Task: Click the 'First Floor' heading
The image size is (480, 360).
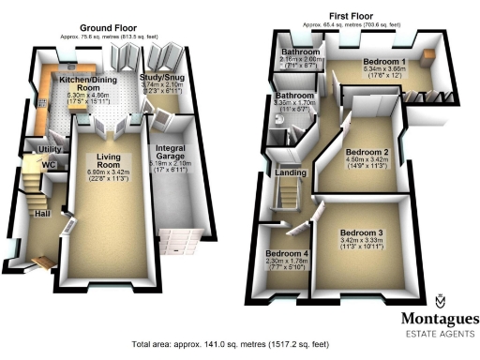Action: click(x=354, y=16)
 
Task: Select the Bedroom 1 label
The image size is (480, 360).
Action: click(x=382, y=60)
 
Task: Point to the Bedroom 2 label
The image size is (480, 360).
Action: click(x=367, y=152)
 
